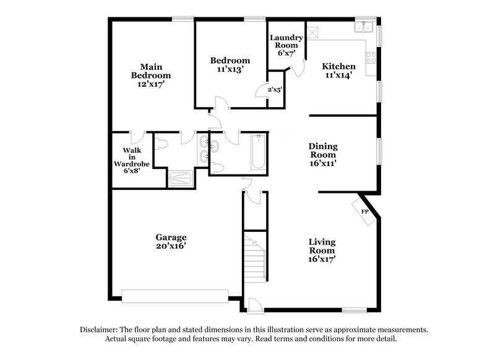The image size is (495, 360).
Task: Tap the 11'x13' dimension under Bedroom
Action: (230, 70)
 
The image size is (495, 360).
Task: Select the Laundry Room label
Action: (286, 41)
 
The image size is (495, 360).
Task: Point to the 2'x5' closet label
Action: (275, 90)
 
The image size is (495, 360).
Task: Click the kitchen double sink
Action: (363, 27)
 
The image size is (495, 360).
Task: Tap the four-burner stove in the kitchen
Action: (372, 58)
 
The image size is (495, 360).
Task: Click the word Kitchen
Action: (339, 66)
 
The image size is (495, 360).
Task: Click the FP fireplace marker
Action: (365, 212)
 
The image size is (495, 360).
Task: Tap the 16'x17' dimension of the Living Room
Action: (322, 260)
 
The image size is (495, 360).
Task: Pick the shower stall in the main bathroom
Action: (181, 179)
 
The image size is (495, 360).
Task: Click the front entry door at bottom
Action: (253, 304)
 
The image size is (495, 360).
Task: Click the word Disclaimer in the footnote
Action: (100, 330)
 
